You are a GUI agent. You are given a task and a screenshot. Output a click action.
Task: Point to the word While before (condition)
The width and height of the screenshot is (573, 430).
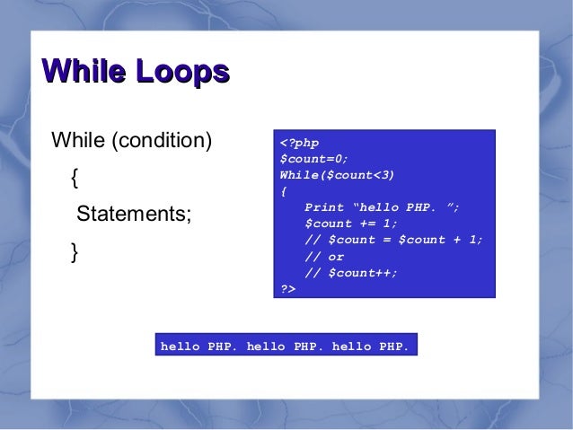[78, 141]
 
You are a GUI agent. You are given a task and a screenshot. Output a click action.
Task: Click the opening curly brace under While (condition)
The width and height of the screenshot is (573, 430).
[74, 179]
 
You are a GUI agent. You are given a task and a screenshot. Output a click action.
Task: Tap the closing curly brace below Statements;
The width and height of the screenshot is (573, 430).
[74, 253]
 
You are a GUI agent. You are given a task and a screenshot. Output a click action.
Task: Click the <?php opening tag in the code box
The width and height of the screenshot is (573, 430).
[299, 143]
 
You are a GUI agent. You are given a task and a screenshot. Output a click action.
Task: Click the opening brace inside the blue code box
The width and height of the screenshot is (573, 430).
[284, 190]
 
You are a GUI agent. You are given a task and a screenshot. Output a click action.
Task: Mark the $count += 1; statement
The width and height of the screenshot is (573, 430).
[351, 223]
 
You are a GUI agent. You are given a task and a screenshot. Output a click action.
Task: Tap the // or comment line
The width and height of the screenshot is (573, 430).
[324, 256]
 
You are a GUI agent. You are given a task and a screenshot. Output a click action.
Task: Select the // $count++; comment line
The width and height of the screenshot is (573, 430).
[351, 273]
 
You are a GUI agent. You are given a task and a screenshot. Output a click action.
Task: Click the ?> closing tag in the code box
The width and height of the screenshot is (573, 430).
[288, 289]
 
